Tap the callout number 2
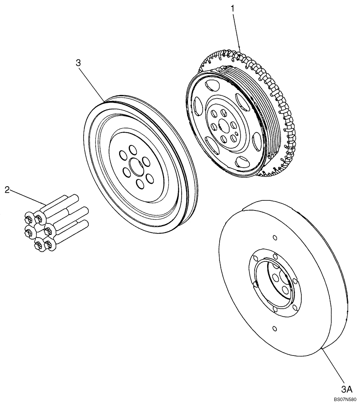(7, 189)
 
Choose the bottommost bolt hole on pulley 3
(140, 184)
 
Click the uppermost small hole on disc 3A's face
(274, 237)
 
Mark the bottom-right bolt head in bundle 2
(48, 244)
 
